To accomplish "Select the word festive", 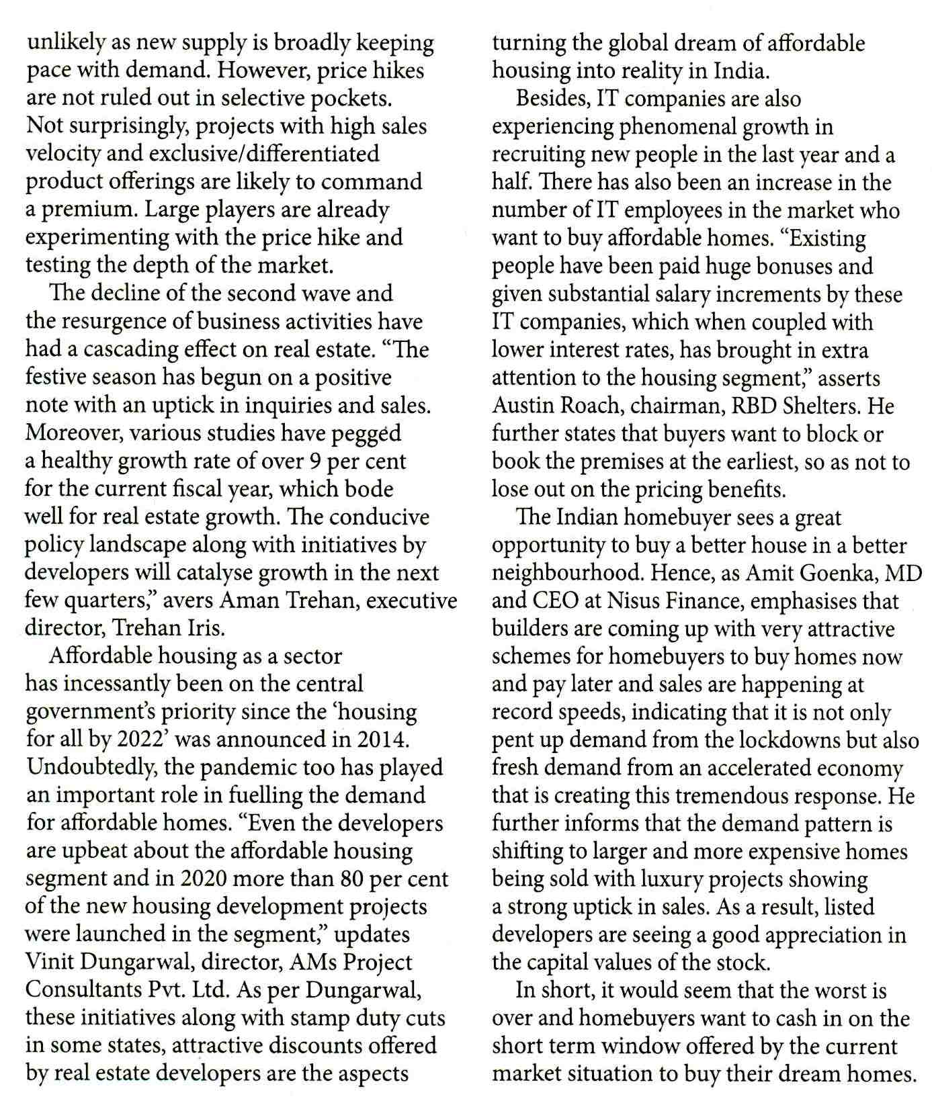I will coord(58,378).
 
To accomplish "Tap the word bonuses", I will coord(796,266).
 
